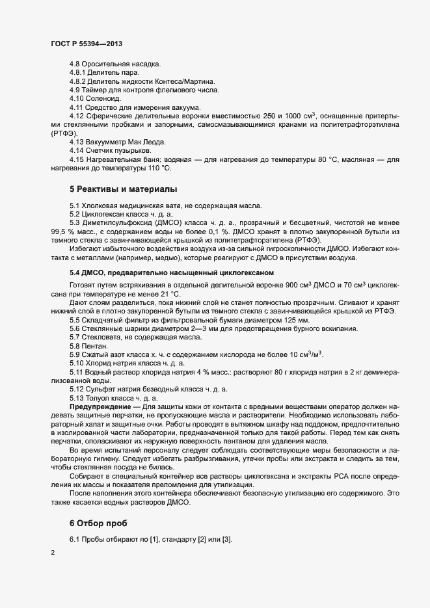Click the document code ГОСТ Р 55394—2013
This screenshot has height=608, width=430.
click(x=87, y=44)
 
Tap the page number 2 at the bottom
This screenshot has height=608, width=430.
click(x=52, y=554)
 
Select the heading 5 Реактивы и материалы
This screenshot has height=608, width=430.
click(x=123, y=189)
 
